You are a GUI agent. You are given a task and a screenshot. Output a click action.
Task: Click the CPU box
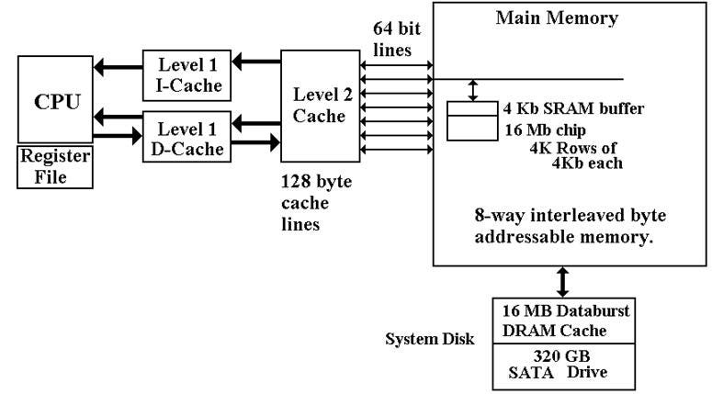click(55, 99)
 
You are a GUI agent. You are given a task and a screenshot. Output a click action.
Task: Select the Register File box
click(55, 167)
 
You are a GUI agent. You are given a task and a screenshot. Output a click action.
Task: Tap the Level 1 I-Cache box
click(186, 75)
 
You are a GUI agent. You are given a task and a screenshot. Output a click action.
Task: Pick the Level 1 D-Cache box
click(186, 137)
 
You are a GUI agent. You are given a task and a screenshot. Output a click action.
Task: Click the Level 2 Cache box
click(320, 106)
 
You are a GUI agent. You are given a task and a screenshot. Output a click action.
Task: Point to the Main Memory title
click(557, 18)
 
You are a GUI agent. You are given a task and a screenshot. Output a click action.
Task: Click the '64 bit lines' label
click(396, 39)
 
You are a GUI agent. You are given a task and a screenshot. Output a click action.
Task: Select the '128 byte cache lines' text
click(316, 203)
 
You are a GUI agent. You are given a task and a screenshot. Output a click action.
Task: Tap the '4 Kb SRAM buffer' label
click(573, 109)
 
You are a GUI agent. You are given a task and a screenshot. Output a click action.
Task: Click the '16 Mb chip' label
click(545, 130)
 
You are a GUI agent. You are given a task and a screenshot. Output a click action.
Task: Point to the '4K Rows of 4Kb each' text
click(576, 155)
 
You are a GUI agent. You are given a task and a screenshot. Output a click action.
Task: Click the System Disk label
click(430, 339)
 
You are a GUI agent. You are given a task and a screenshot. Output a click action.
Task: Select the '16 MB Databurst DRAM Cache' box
click(563, 321)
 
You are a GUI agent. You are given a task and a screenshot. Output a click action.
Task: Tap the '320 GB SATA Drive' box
click(563, 366)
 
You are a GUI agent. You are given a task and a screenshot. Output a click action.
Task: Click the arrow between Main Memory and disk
click(562, 282)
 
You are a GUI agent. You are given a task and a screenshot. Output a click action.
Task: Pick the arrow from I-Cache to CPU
click(119, 68)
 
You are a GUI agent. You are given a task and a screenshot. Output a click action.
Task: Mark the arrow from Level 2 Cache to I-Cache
click(256, 62)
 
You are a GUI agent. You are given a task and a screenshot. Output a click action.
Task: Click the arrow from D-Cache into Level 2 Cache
click(256, 142)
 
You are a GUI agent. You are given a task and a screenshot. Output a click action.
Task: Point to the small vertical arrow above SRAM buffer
click(473, 90)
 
